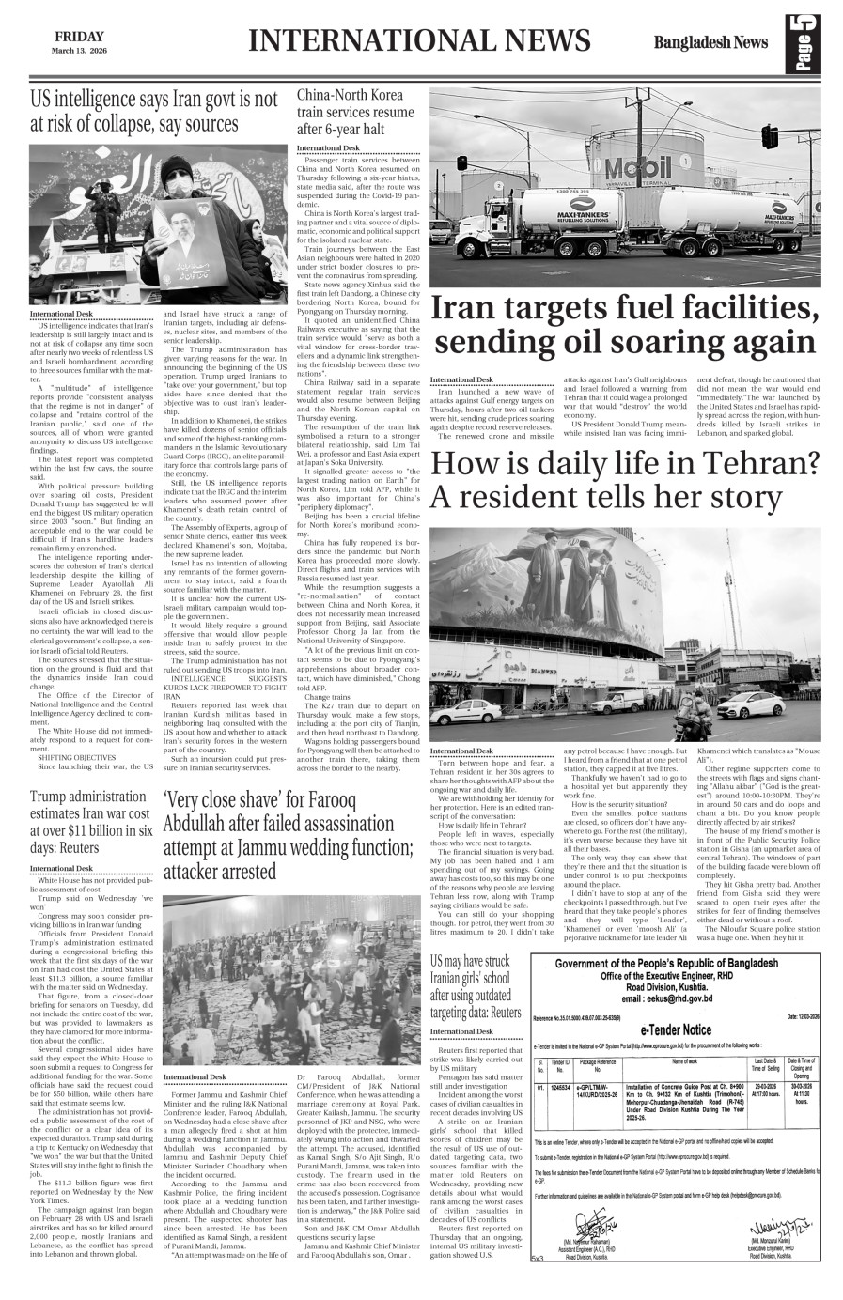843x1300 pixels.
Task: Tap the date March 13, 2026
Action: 78,49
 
